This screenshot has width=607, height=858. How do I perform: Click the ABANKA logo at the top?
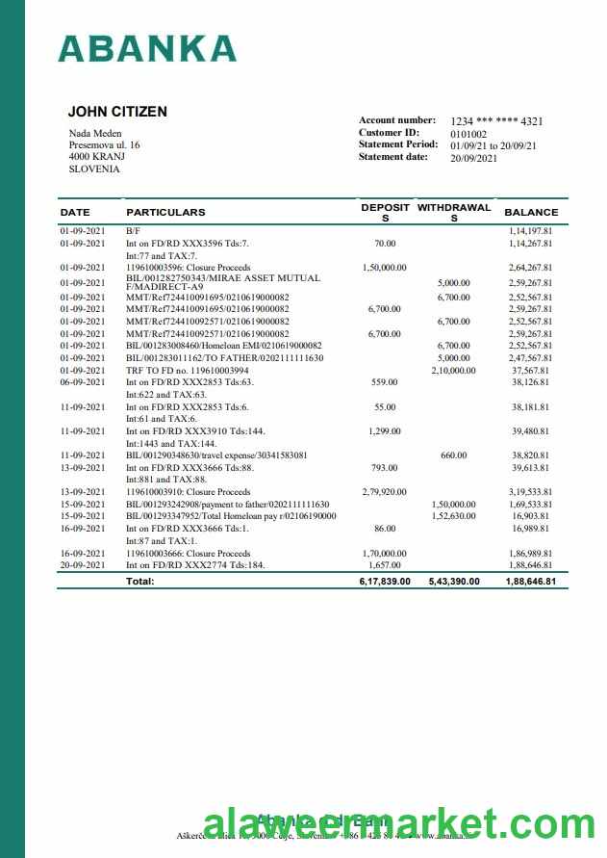(x=147, y=48)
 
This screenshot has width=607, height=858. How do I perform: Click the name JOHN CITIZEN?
(x=117, y=112)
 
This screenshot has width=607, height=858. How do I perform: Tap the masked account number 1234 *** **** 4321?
(x=496, y=121)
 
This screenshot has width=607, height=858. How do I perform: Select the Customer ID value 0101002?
(x=468, y=134)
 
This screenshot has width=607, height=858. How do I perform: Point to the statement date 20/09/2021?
(x=474, y=158)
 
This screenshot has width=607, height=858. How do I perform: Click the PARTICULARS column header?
(x=165, y=212)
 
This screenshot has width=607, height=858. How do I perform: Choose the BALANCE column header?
(x=531, y=212)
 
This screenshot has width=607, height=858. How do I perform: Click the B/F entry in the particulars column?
(x=132, y=232)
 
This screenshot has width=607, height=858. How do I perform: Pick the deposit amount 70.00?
(x=385, y=245)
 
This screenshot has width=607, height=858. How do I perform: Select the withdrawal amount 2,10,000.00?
(x=453, y=370)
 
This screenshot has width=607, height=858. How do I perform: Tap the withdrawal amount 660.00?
(x=453, y=455)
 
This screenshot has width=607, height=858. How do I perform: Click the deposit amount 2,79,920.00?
(x=385, y=492)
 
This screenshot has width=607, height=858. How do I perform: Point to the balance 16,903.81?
(x=530, y=516)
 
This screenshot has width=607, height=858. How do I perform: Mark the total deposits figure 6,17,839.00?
(x=385, y=582)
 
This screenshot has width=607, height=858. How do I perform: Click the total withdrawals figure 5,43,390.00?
(x=454, y=582)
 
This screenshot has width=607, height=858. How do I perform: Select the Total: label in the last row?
(x=140, y=582)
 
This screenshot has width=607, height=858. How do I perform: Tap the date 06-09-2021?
(x=82, y=381)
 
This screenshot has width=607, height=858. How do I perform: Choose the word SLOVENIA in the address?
(x=94, y=169)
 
